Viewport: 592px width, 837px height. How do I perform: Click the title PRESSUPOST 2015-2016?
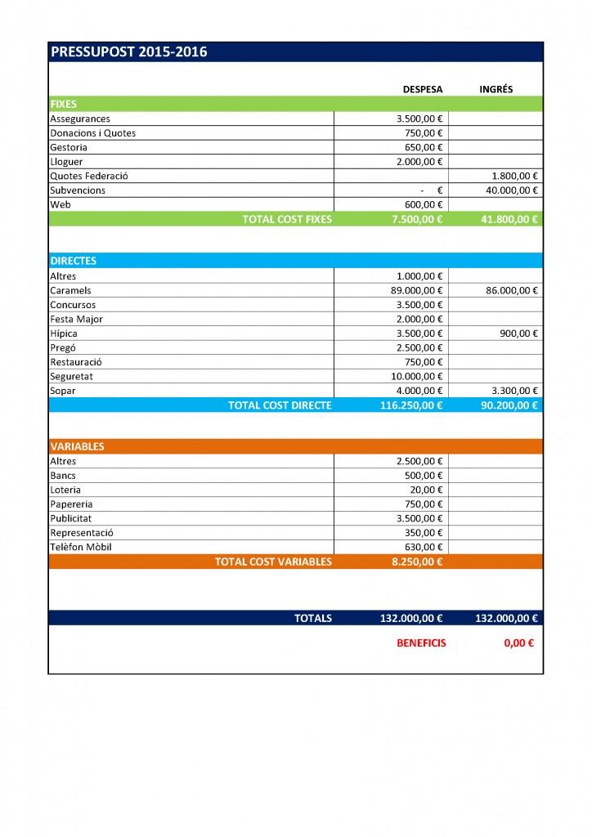click(x=129, y=52)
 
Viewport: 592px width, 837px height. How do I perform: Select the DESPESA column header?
click(x=423, y=89)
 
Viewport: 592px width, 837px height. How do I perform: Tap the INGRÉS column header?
click(x=496, y=89)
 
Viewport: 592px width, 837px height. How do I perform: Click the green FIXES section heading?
click(x=64, y=105)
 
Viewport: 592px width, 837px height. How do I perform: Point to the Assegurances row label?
click(x=80, y=119)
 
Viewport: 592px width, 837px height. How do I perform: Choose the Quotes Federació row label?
click(x=89, y=176)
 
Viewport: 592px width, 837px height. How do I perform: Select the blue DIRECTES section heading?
click(x=74, y=261)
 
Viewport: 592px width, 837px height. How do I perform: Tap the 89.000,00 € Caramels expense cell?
click(x=417, y=290)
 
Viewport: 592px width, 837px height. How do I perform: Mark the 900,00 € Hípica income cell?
click(x=518, y=333)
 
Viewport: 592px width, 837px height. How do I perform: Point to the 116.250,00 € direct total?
click(x=411, y=405)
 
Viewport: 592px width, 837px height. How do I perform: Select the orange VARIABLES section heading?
click(x=77, y=446)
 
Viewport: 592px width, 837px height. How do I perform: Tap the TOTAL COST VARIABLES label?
click(x=273, y=562)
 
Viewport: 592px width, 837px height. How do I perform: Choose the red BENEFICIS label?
click(x=421, y=643)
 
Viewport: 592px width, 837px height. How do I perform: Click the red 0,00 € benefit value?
click(x=518, y=643)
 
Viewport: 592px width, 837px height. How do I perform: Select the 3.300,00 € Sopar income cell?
click(x=514, y=391)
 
